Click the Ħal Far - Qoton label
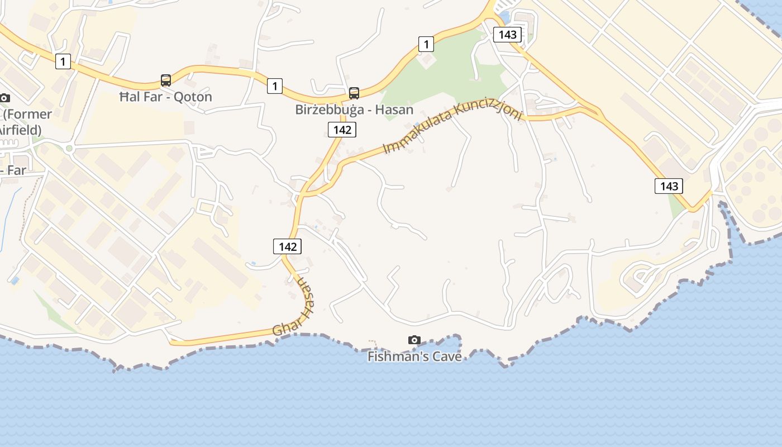(166, 97)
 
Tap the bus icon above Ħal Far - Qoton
(166, 80)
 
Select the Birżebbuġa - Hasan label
(354, 110)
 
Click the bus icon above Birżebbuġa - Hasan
(354, 93)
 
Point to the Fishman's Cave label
(414, 356)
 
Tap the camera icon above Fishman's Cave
(414, 340)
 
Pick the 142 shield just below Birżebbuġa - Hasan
(342, 130)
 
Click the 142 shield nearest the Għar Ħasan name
(287, 246)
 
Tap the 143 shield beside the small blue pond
(507, 35)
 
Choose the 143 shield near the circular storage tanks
(669, 186)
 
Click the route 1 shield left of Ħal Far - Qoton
(63, 62)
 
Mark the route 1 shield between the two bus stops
(274, 85)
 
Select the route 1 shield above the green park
(426, 44)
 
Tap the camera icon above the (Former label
(4, 98)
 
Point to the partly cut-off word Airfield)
(20, 130)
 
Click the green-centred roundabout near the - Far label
(69, 148)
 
